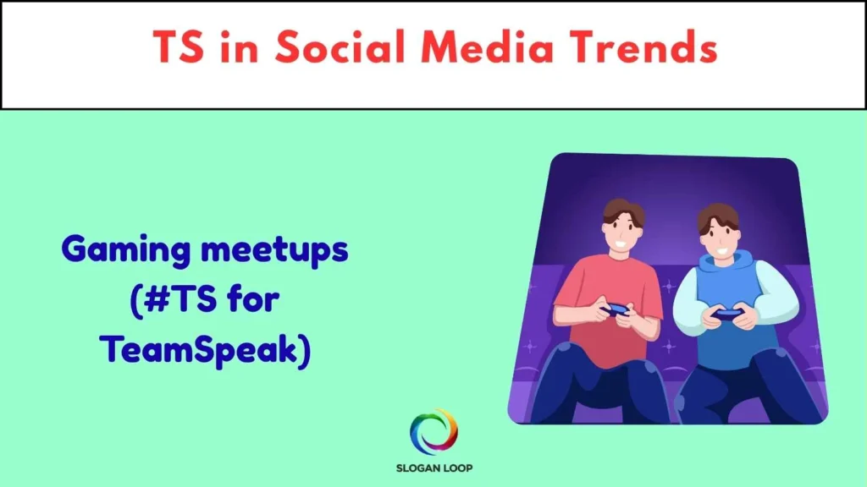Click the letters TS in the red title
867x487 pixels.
point(179,48)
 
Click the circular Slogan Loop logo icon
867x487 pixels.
point(433,431)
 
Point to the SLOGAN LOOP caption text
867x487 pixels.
point(433,468)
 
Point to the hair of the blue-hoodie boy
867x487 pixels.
point(718,216)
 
